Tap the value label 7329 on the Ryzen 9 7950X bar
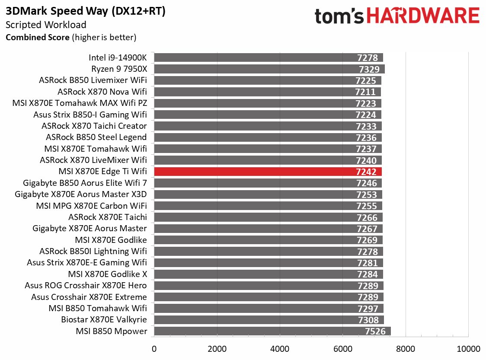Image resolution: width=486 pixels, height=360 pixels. pyautogui.click(x=369, y=69)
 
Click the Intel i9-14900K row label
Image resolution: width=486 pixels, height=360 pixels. pyautogui.click(x=118, y=57)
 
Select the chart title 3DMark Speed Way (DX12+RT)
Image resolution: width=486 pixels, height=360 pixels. pyautogui.click(x=86, y=12)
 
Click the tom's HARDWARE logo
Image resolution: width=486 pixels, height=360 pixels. pyautogui.click(x=397, y=16)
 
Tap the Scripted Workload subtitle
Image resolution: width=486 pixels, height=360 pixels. pyautogui.click(x=46, y=25)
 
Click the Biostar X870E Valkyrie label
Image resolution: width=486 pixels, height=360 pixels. pyautogui.click(x=104, y=320)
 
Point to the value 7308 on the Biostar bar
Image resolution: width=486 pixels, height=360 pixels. pyautogui.click(x=367, y=320)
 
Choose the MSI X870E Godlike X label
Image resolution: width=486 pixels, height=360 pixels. pyautogui.click(x=107, y=274)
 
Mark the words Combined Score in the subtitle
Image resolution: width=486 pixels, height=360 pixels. pyautogui.click(x=37, y=37)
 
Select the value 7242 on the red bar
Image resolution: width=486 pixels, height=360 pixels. pyautogui.click(x=366, y=172)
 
